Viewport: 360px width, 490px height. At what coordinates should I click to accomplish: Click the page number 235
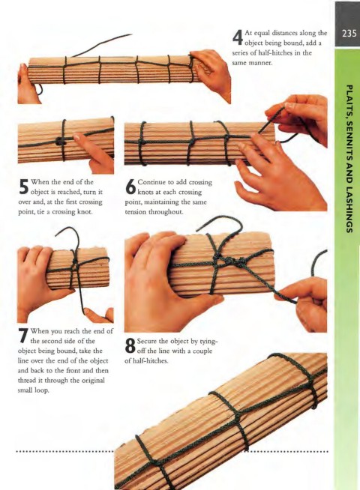coord(349,34)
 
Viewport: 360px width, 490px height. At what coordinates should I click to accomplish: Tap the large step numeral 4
coord(238,37)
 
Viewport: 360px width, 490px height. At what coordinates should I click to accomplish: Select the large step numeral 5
coord(24,187)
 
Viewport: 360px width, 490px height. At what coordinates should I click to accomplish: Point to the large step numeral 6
coord(130,187)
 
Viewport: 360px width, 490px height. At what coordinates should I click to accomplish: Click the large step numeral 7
coord(24,336)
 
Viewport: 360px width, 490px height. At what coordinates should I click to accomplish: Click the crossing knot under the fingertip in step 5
coord(60,142)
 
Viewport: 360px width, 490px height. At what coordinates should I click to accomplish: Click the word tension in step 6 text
coord(136,212)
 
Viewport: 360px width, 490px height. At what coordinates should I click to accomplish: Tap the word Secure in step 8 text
coord(147,341)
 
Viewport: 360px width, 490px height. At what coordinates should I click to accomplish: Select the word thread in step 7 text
coord(26,381)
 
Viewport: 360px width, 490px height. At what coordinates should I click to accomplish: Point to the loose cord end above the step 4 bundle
coord(102,45)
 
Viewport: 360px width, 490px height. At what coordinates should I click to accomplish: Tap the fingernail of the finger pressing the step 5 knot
coord(77,137)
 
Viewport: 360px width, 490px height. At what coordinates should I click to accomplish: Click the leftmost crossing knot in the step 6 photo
coord(142,142)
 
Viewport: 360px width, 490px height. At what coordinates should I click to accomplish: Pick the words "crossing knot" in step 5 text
coord(72,212)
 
